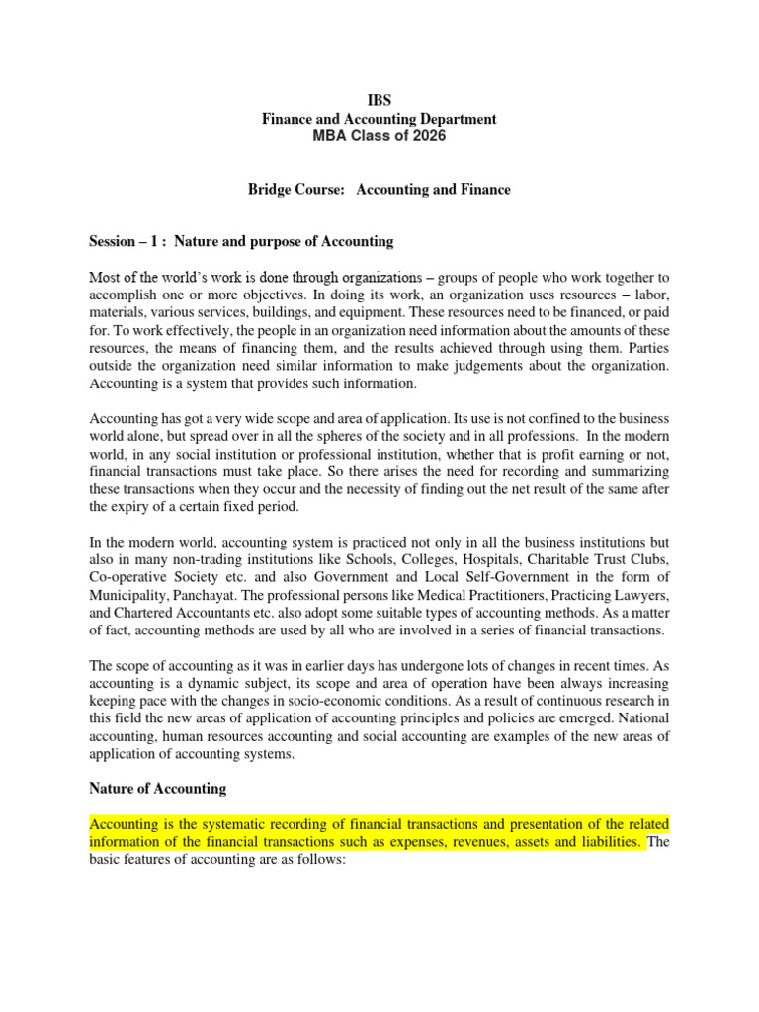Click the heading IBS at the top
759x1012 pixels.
[379, 102]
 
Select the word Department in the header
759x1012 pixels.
[454, 120]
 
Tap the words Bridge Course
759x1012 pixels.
[292, 189]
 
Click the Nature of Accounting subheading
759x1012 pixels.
[157, 788]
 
